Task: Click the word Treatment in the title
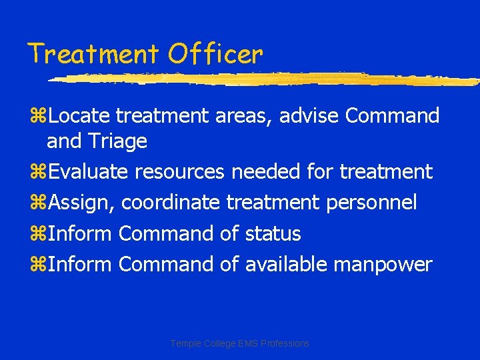pos(93,53)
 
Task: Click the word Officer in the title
pos(215,53)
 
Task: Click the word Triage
pos(117,141)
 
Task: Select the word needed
pos(266,172)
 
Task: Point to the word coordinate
pos(171,203)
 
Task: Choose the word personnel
pos(372,203)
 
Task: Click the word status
pos(273,234)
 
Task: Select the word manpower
pos(383,265)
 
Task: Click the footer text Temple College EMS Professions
pos(240,343)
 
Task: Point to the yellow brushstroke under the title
pos(267,79)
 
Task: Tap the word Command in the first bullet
pos(392,116)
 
